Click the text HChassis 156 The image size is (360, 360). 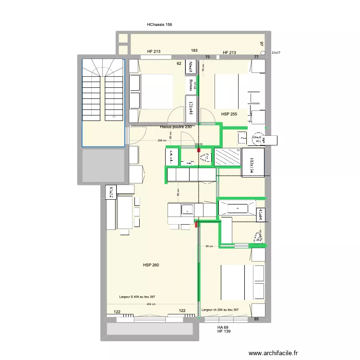(x=159, y=24)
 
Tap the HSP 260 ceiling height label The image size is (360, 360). (x=151, y=265)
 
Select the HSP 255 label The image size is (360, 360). (x=229, y=114)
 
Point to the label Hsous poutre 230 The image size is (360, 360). (x=176, y=127)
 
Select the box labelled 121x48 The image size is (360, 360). (x=191, y=109)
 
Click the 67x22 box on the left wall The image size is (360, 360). (x=110, y=192)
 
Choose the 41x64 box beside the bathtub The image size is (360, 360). (x=260, y=214)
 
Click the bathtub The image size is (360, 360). (x=237, y=208)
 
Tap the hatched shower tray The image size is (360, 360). (x=228, y=156)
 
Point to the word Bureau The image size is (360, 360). (x=191, y=85)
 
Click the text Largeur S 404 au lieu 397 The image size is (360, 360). (x=137, y=297)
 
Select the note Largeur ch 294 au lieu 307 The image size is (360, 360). (x=220, y=310)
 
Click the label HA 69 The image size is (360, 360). (x=222, y=327)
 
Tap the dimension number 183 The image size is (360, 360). (x=194, y=50)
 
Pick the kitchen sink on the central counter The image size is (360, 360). (x=186, y=209)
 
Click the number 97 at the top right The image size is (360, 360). (x=262, y=44)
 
